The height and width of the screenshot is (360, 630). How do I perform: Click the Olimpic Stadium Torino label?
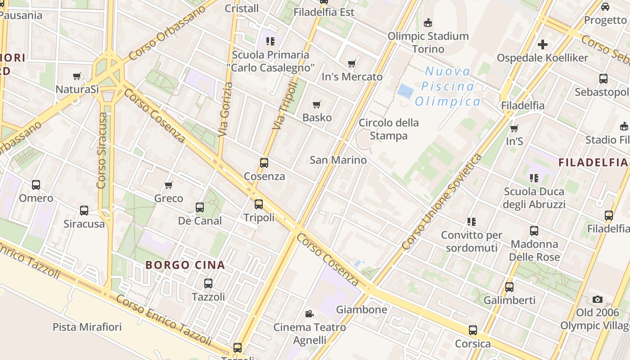(428, 42)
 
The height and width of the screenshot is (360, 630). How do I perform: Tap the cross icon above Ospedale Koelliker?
(543, 45)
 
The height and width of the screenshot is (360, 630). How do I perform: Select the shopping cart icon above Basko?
(317, 105)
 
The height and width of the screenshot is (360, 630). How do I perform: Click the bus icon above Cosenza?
(264, 163)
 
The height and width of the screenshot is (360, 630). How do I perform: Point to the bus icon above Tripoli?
(259, 204)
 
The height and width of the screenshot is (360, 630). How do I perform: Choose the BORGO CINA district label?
(185, 265)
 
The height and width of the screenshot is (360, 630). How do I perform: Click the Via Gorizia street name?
(225, 109)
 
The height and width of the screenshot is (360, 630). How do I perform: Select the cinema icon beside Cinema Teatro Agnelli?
(309, 314)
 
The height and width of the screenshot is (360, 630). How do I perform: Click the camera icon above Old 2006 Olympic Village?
(598, 299)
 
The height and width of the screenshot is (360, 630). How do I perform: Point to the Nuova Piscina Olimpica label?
(448, 86)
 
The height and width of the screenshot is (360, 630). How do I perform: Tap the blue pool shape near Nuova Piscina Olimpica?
(405, 91)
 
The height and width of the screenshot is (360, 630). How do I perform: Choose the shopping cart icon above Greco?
(169, 185)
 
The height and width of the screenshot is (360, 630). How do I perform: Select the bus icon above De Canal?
(200, 207)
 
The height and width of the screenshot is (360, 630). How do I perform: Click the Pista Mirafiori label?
(87, 327)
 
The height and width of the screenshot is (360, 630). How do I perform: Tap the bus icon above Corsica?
(473, 330)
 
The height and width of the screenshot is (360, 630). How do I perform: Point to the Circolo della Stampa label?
(389, 129)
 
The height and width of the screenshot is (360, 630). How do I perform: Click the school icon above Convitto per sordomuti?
(471, 221)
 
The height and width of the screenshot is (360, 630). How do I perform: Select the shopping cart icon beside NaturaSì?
(77, 76)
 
